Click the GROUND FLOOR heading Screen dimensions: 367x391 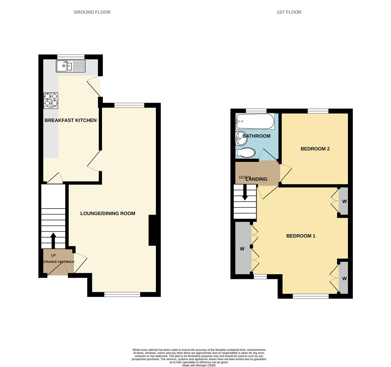(x=92, y=12)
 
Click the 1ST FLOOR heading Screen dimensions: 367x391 (x=289, y=12)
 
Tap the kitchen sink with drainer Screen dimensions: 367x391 (x=71, y=66)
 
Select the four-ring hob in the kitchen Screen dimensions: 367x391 (x=51, y=101)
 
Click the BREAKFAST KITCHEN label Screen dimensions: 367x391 (x=71, y=120)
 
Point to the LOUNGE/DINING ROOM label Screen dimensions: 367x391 (x=107, y=213)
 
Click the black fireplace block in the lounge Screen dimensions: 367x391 (x=152, y=230)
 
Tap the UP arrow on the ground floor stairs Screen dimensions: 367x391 (x=53, y=240)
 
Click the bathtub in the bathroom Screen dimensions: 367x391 (x=255, y=121)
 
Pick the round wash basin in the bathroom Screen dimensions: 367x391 (x=241, y=138)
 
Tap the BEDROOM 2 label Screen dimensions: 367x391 (x=315, y=149)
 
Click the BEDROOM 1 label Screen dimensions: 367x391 (x=300, y=236)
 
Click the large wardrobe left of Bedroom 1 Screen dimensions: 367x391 (x=242, y=248)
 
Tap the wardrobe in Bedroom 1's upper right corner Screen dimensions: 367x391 (x=344, y=201)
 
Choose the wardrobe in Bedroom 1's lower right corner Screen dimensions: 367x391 (x=344, y=278)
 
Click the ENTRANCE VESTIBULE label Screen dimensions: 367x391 (x=58, y=262)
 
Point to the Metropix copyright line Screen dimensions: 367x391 (x=199, y=365)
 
